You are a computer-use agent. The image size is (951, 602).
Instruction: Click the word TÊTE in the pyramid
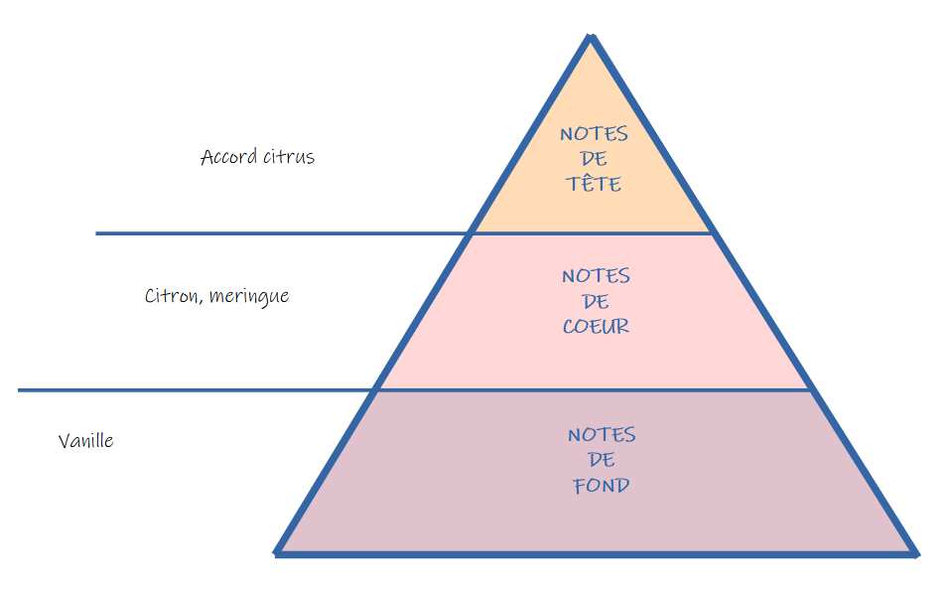(595, 184)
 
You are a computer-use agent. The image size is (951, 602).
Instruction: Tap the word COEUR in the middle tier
(596, 326)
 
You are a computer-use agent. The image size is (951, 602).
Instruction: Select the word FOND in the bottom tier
(602, 486)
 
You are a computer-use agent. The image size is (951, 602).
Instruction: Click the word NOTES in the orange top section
(594, 134)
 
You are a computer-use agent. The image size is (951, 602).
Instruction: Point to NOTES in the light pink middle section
(596, 276)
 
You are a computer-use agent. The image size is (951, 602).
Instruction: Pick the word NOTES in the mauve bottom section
(602, 435)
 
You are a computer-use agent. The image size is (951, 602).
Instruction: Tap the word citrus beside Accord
(289, 157)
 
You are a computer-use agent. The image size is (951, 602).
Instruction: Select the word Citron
(174, 296)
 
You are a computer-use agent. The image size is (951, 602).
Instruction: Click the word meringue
(249, 297)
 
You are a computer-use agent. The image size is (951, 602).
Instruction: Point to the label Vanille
(85, 441)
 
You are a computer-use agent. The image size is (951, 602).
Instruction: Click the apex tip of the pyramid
(591, 37)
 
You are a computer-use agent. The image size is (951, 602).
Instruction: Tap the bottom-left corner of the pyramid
(278, 551)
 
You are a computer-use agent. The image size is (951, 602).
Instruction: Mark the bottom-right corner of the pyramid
(914, 552)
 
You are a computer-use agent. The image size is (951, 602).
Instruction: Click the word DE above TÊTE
(595, 159)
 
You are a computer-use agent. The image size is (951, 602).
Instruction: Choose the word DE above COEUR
(596, 301)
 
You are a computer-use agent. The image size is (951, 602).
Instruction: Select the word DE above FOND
(602, 460)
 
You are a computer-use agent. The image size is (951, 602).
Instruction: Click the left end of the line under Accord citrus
(97, 233)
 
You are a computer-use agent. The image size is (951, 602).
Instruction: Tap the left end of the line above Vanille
(20, 390)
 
